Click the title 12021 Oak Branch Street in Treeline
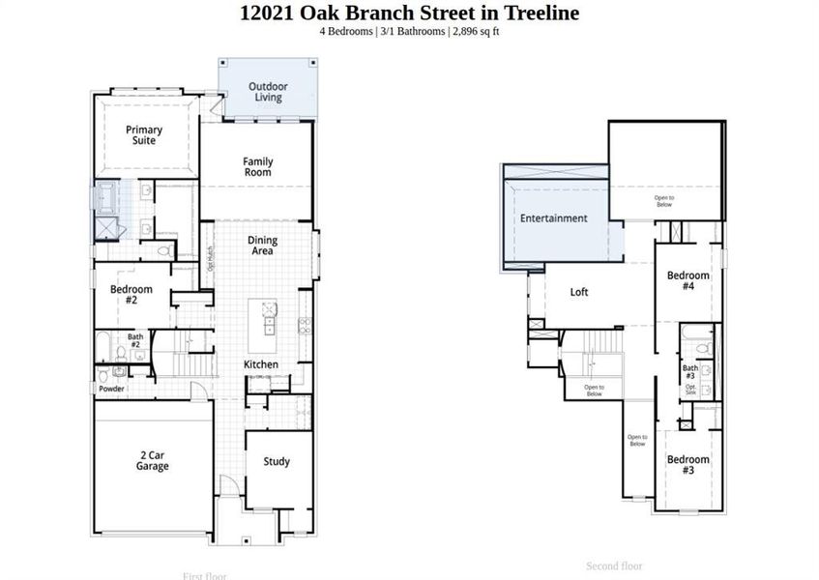click(x=409, y=13)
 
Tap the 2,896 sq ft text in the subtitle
click(x=475, y=31)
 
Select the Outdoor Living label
click(x=268, y=92)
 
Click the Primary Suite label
click(x=144, y=134)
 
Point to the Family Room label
click(x=258, y=166)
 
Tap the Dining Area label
click(x=262, y=246)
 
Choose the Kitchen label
click(x=261, y=364)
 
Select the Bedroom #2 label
click(x=132, y=294)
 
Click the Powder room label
click(x=111, y=389)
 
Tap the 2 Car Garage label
click(x=152, y=460)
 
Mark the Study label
click(x=277, y=461)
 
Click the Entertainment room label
click(x=553, y=218)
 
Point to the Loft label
click(x=578, y=292)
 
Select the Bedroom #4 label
click(x=687, y=280)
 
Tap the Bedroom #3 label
click(x=687, y=464)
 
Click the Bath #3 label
click(x=690, y=371)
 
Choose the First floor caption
click(x=205, y=575)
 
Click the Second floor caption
click(x=614, y=566)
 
